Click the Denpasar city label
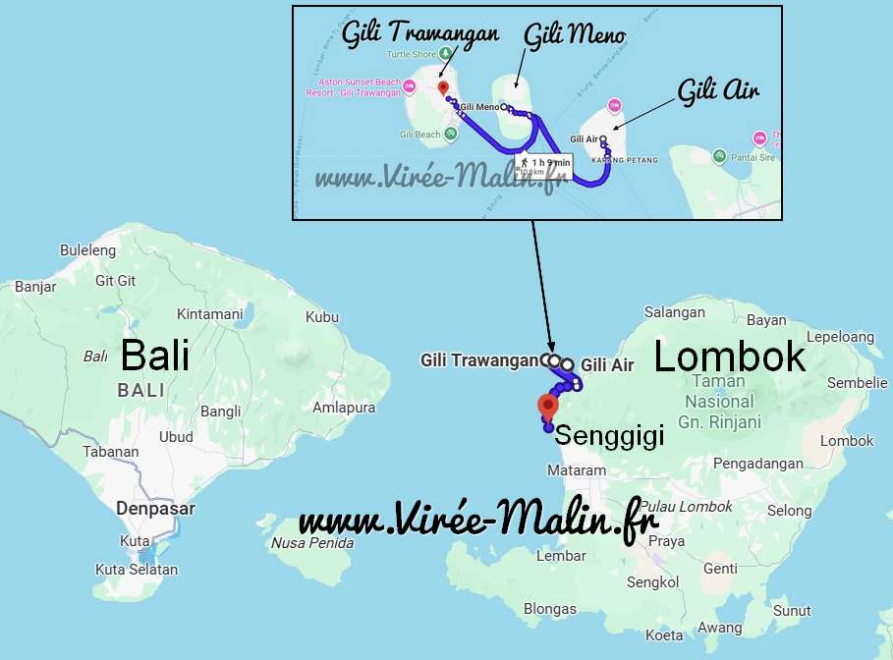[x=155, y=509]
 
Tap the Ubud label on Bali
[x=177, y=437]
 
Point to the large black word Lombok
[x=729, y=357]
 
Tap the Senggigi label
[x=609, y=435]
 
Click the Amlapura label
[x=344, y=407]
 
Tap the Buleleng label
[x=87, y=250]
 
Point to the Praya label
[x=666, y=541]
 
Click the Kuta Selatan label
[x=137, y=570]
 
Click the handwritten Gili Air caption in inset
[x=718, y=91]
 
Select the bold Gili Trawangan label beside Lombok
[x=479, y=360]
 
